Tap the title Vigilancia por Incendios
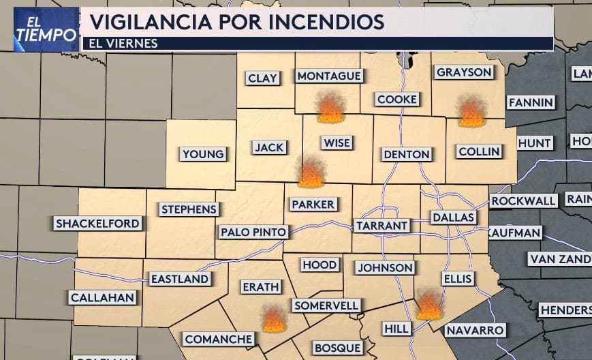coord(236,21)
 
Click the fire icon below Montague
coord(331,108)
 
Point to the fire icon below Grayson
coord(471,112)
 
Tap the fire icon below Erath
coord(274,318)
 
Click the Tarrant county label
coord(381,226)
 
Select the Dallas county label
coord(452,217)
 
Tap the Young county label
coord(203,154)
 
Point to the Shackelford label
coord(97,223)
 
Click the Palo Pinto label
coord(253,232)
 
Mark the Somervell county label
coord(326,306)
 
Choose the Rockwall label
coord(523,201)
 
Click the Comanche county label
coord(219,339)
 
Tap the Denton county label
coord(407,154)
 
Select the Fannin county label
coord(530,103)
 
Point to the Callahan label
coord(102,298)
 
